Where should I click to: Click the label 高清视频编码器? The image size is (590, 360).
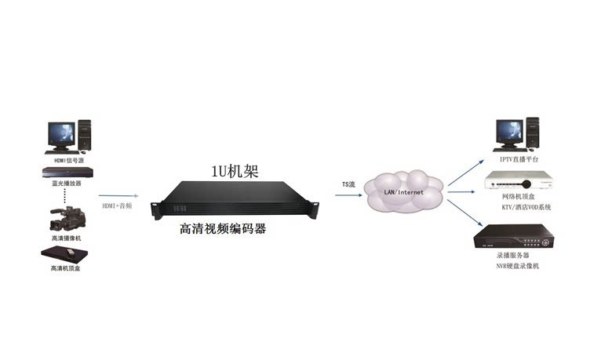[x=223, y=229]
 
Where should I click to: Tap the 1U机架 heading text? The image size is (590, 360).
[x=235, y=172]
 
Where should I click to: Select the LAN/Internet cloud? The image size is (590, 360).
[x=403, y=191]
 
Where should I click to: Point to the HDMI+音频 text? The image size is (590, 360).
[x=118, y=205]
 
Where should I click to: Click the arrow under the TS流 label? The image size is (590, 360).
[x=348, y=195]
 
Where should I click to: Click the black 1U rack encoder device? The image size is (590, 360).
[x=238, y=199]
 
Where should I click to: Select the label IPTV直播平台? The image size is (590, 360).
[x=517, y=159]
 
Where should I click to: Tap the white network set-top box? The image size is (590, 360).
[x=517, y=181]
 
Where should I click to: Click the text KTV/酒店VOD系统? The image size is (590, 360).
[x=517, y=207]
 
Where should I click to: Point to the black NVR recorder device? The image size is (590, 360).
[x=518, y=236]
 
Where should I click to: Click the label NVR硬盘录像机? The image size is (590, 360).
[x=517, y=266]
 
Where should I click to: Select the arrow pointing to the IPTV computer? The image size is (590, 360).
[x=464, y=166]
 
